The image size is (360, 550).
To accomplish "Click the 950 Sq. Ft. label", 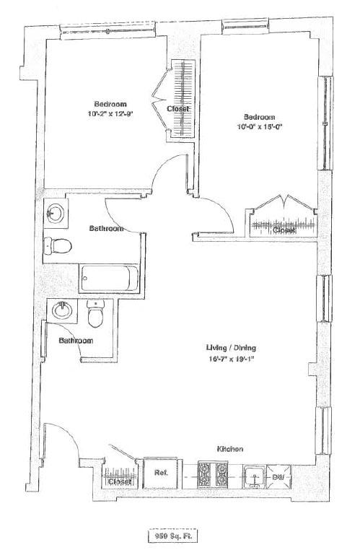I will tap(172, 536).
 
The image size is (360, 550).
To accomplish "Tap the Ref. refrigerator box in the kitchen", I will tap(159, 473).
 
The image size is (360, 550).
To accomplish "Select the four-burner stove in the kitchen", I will tap(213, 475).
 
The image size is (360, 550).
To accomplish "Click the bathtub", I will tap(108, 279).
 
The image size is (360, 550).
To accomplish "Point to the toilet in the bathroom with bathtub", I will tap(57, 245).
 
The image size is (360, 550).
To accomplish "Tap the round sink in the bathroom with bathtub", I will tap(53, 214).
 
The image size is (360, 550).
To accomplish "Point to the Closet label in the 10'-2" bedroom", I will tap(178, 109).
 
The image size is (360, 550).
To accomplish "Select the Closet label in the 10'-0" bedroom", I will tap(283, 230).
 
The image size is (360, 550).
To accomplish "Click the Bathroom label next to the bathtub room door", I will tap(106, 228).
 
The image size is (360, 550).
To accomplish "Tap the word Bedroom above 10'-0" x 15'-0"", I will tap(259, 117).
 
